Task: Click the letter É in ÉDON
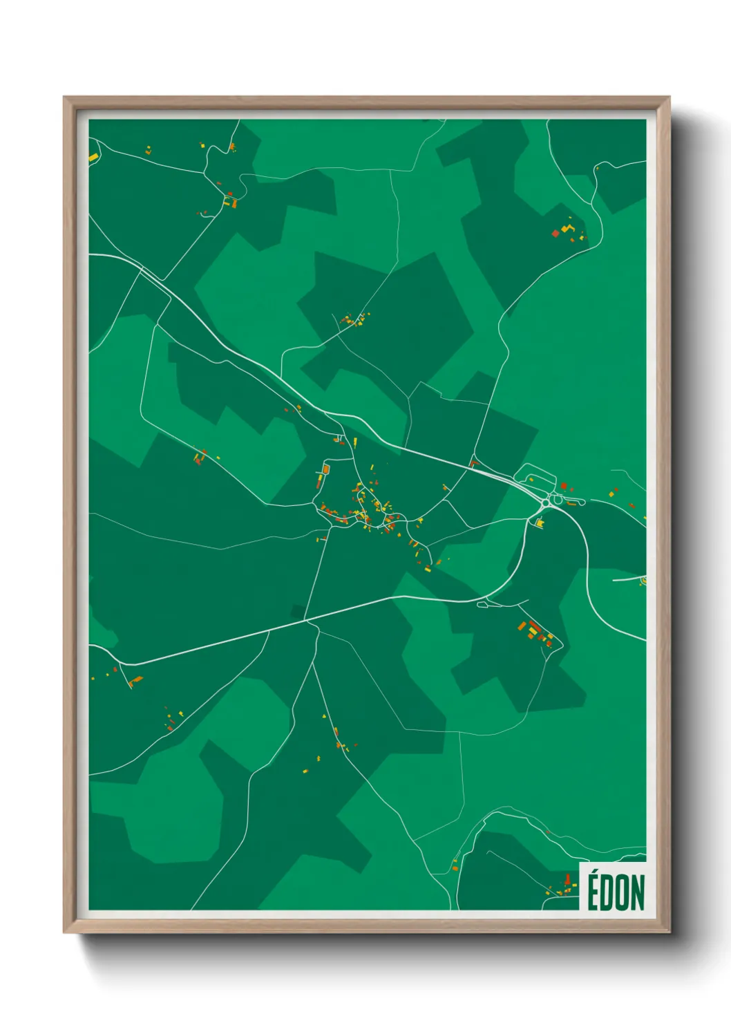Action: (593, 893)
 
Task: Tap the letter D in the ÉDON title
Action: (605, 893)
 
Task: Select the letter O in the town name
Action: (620, 893)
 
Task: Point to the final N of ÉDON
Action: (636, 893)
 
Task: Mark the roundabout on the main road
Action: (557, 498)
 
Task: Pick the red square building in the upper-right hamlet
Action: (555, 234)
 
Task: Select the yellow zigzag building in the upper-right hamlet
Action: (567, 227)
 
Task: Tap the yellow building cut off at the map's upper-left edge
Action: (93, 158)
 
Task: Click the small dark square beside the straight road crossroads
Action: (298, 610)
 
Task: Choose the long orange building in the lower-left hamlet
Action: (135, 680)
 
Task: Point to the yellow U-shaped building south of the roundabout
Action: (539, 523)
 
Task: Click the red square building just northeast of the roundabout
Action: (564, 487)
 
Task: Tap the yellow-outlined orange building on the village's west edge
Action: (325, 469)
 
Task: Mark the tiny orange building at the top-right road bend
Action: (597, 167)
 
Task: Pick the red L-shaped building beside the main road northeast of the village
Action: (473, 462)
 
